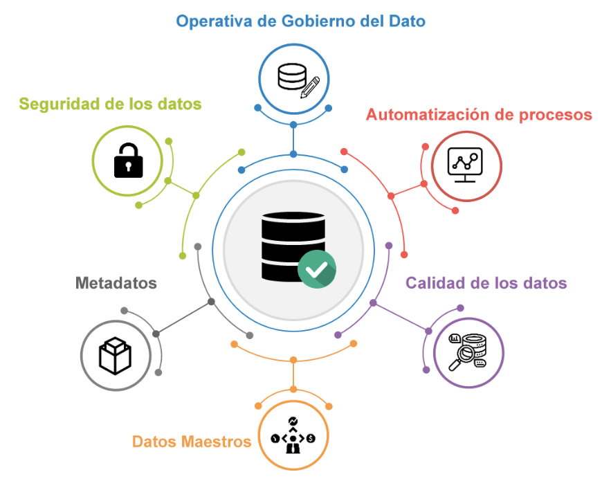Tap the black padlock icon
(128, 161)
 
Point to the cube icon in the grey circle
(115, 356)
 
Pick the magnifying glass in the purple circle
(462, 358)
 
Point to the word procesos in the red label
(558, 114)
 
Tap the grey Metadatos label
(116, 283)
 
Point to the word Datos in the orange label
(154, 442)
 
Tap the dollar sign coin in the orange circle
(311, 438)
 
